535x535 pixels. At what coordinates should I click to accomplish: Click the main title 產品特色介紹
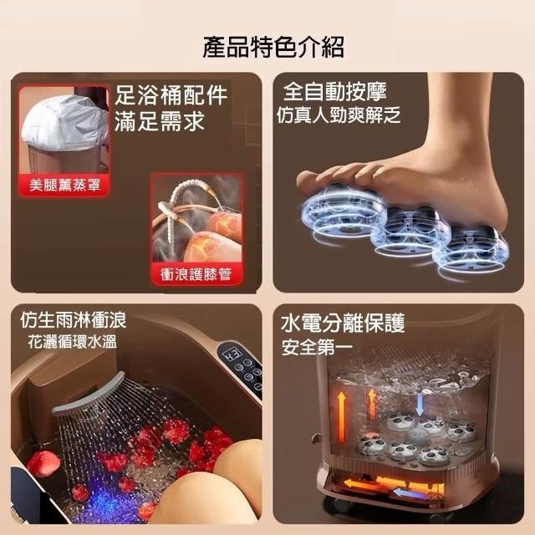coord(273,47)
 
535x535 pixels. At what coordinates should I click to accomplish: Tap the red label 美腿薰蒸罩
coord(64,185)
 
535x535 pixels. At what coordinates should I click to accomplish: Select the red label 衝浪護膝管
coord(196,274)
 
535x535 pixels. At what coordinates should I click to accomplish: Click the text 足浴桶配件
coord(171,94)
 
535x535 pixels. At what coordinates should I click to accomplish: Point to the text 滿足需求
coord(160,120)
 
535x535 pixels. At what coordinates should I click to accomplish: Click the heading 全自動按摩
coord(334,92)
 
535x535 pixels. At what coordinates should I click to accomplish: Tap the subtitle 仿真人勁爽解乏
coord(338,115)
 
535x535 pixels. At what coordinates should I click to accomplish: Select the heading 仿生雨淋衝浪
coord(73,320)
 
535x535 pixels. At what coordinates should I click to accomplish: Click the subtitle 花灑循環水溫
coord(73,342)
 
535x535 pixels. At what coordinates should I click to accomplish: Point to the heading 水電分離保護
coord(343,324)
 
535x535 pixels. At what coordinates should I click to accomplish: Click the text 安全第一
coord(317,347)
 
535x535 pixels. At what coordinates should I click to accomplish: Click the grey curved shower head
coord(89,393)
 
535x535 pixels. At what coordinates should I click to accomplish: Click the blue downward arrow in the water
coord(420,404)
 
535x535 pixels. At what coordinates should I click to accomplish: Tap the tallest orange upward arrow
coord(341,416)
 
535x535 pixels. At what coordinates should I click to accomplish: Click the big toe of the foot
coord(308,180)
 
